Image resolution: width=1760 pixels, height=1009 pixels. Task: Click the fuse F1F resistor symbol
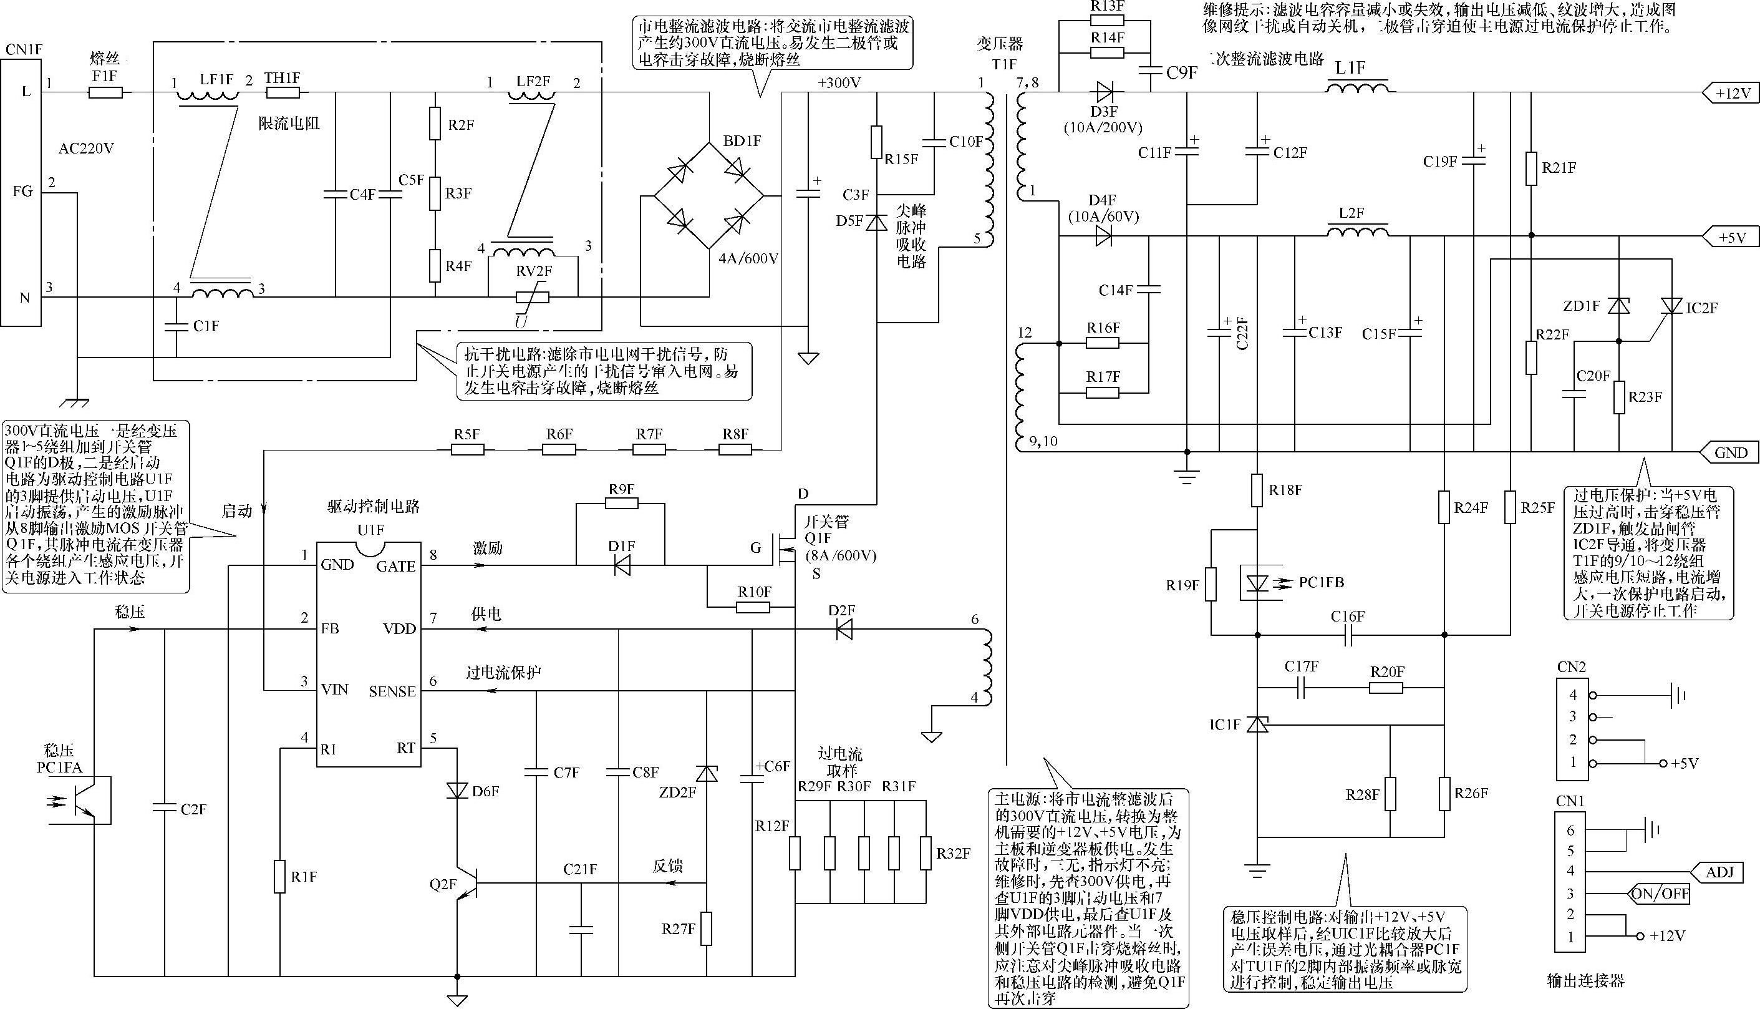106,92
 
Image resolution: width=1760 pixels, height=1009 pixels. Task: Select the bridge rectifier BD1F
708,195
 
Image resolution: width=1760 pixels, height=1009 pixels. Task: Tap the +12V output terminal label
1731,93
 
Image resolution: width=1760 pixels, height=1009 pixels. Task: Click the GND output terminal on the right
1729,452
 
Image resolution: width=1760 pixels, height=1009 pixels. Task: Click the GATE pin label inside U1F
395,566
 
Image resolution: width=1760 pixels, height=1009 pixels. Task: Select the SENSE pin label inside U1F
392,691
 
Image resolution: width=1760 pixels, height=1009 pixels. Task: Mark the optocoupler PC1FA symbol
82,800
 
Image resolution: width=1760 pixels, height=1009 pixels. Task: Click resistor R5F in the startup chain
468,449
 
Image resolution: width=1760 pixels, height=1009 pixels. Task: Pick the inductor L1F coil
1358,87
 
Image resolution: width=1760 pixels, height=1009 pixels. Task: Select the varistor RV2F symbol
533,297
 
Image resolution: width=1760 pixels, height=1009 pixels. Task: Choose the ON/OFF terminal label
1659,894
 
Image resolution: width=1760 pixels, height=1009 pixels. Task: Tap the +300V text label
839,83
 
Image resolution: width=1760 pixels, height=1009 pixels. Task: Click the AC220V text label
86,149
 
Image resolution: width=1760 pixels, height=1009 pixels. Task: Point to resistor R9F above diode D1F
621,504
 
